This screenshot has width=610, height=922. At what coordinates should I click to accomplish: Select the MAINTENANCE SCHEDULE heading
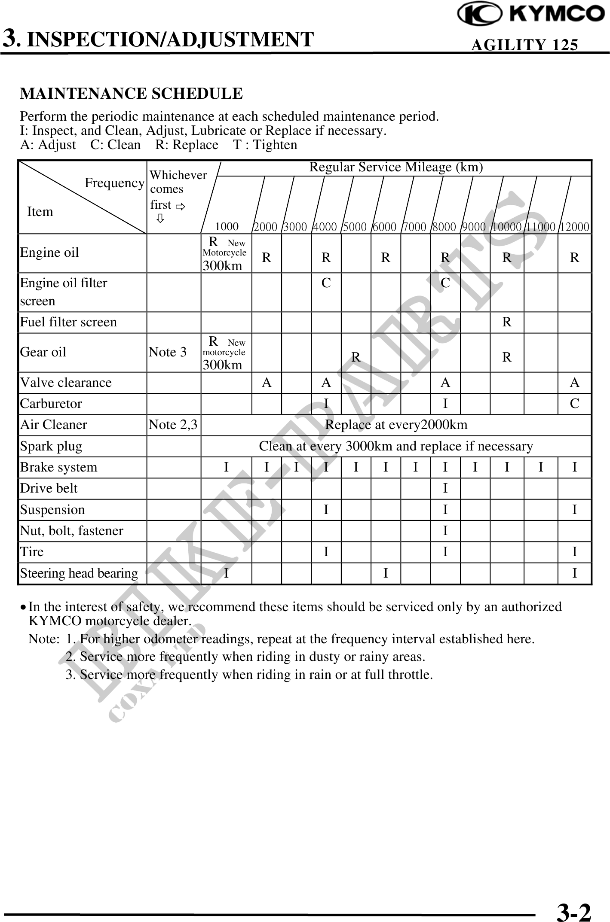click(132, 93)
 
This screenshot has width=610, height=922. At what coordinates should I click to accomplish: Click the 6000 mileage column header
click(384, 227)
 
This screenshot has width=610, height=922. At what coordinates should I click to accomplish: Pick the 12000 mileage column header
click(575, 227)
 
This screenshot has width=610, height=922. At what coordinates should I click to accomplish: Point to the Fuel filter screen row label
click(69, 322)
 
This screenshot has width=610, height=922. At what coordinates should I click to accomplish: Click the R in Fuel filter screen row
click(507, 322)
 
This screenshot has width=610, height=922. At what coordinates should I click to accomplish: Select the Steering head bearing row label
click(79, 573)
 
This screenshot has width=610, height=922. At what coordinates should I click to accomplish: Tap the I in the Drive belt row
click(445, 488)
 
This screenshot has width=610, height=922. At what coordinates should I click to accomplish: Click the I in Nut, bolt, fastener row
click(445, 531)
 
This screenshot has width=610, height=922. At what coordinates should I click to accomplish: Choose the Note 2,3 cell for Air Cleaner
click(173, 425)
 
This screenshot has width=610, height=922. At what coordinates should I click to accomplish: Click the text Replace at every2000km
click(396, 425)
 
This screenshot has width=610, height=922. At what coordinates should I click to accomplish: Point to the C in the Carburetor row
click(574, 404)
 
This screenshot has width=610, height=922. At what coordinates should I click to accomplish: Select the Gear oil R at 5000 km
click(356, 357)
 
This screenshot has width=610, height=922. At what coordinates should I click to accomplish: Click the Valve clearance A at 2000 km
click(267, 382)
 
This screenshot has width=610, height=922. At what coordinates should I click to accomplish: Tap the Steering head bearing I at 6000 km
click(386, 573)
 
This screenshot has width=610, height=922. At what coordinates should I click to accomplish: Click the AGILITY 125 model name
click(524, 45)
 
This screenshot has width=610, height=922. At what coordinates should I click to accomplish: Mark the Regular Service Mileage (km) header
click(396, 167)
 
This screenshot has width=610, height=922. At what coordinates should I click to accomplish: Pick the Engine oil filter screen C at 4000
click(326, 283)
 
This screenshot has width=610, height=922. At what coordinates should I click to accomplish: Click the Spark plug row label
click(51, 446)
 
